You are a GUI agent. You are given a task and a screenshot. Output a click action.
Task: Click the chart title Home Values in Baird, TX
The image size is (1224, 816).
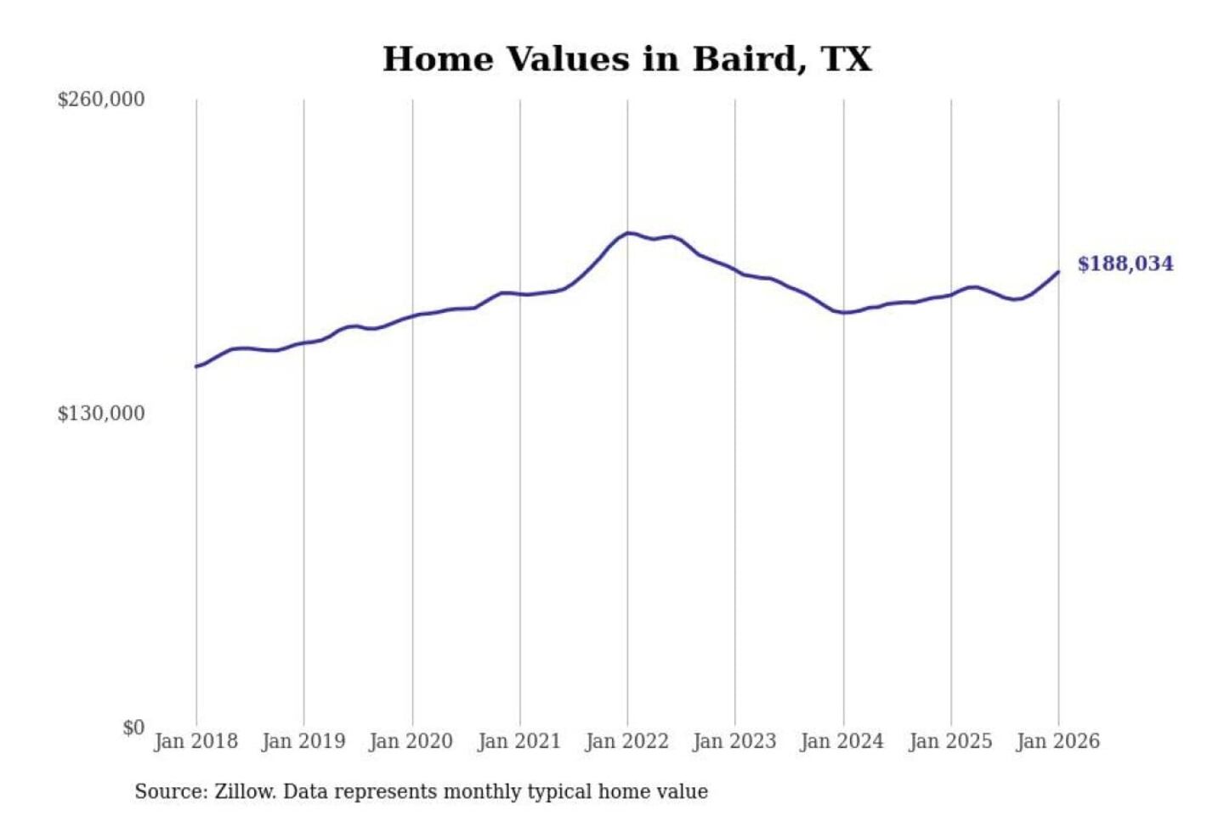[626, 59]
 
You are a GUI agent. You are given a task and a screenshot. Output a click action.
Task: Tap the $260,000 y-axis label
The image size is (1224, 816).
[101, 99]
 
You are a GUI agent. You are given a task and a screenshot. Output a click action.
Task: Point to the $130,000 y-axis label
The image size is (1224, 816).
[101, 414]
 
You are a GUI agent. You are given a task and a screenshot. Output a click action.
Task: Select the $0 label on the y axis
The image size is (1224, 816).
[133, 728]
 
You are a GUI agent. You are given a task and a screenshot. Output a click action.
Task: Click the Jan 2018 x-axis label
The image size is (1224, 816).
[195, 741]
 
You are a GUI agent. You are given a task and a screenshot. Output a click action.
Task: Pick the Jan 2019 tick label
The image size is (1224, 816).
[303, 741]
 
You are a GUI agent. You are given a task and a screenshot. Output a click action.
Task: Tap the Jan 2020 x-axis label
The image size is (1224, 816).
[411, 741]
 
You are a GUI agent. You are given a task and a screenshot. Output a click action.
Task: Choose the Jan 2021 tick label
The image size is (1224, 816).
[519, 741]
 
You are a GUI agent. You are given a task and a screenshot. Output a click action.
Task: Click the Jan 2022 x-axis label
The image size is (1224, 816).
[627, 741]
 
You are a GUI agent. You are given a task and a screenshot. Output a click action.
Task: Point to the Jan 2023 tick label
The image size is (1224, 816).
[734, 741]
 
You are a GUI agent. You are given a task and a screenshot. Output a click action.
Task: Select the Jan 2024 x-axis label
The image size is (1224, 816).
[842, 741]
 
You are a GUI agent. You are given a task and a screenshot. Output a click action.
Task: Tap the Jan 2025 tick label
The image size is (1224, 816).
[950, 741]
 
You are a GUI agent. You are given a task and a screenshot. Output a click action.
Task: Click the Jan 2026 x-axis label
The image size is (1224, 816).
[1058, 741]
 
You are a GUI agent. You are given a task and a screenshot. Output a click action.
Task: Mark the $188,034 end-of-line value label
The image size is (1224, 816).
[1125, 264]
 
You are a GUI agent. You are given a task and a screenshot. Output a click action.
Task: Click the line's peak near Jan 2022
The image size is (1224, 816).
[628, 233]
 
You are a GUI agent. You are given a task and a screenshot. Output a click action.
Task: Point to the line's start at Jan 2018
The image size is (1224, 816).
[196, 366]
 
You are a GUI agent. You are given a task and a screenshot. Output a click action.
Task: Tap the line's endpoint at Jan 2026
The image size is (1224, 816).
[1058, 272]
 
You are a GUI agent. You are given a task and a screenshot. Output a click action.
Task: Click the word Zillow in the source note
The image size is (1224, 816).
[245, 792]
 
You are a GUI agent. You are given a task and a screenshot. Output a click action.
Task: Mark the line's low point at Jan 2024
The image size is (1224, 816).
[843, 313]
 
